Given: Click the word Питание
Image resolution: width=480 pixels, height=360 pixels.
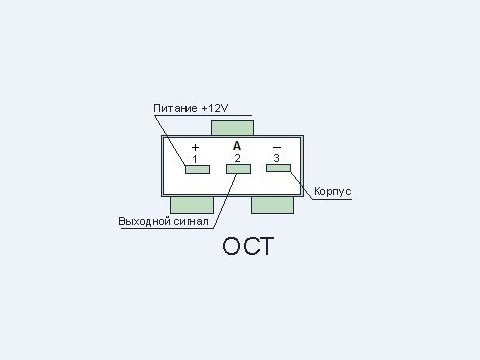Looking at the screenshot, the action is click(175, 108).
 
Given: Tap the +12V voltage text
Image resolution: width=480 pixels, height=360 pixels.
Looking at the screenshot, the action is click(215, 108).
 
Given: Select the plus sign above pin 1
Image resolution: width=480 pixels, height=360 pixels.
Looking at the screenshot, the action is click(196, 147).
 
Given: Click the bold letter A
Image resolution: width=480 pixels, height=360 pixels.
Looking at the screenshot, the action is click(237, 146).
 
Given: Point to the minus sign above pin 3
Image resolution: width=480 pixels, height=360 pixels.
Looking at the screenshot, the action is click(277, 147).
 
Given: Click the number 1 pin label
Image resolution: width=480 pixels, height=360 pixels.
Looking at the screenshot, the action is click(195, 159).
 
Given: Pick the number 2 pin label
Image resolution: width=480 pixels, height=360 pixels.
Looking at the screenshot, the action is click(237, 158).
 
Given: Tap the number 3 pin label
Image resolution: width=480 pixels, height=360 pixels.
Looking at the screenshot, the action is click(276, 158).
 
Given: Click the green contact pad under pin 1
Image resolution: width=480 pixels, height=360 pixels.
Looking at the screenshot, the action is click(197, 169).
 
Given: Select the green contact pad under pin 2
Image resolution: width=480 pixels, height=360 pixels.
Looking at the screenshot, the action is click(238, 169).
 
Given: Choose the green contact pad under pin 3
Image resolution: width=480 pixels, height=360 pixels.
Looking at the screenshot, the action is click(278, 168).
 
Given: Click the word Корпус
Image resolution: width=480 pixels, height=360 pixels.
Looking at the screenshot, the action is click(333, 191).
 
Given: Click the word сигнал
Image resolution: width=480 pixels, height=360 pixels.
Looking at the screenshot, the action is click(191, 221).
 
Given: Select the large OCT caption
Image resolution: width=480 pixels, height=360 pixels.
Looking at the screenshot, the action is click(248, 246).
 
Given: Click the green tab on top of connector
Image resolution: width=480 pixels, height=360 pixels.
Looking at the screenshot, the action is click(232, 128).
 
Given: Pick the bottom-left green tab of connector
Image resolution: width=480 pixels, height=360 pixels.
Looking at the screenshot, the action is click(192, 205).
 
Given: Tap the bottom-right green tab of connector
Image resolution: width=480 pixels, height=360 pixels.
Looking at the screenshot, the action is click(272, 205).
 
